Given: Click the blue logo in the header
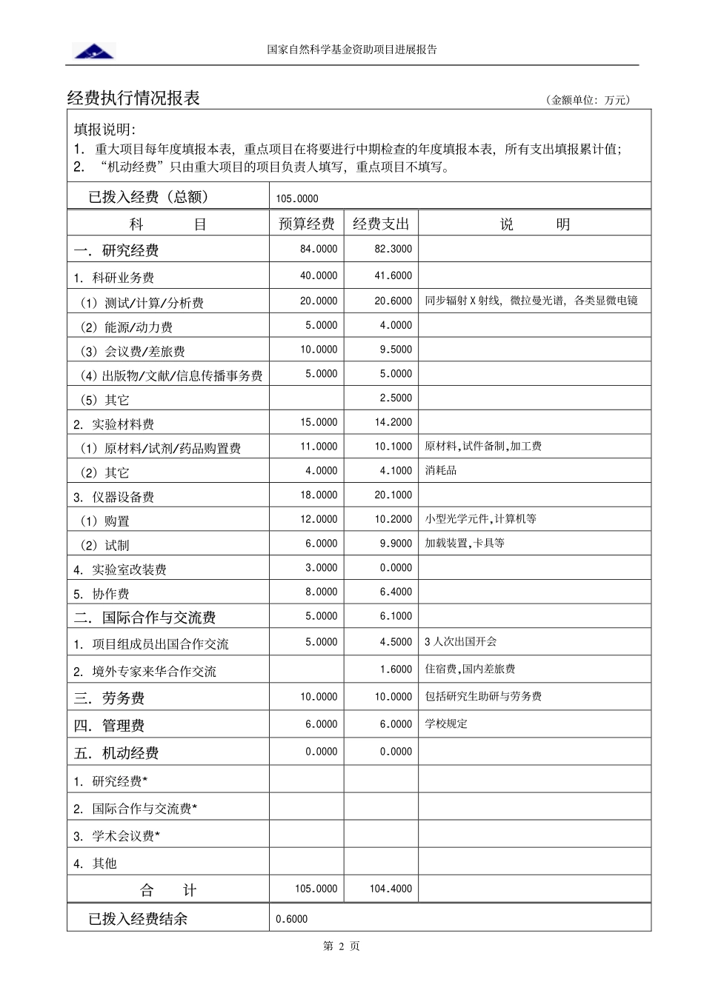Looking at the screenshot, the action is point(94,51).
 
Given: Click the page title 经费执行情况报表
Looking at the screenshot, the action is point(133,98).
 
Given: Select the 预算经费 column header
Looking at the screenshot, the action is point(306,224).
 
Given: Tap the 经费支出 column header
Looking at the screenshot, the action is point(380,224).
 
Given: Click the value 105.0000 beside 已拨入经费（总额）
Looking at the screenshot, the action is point(296,198).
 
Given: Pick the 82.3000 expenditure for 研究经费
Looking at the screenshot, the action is point(393,250).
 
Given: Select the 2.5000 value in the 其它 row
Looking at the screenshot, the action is point(396,398).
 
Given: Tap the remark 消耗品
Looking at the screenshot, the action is point(440,471).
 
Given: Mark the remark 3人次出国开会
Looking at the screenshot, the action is point(460,642).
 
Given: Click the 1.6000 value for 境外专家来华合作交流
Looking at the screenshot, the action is point(396,669).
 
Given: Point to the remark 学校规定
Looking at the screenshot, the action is point(445,724).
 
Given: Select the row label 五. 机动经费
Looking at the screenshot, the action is point(116,753).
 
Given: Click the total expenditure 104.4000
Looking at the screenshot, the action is point(391,889).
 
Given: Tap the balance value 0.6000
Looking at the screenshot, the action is point(291,919).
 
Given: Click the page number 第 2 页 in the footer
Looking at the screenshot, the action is point(342,946).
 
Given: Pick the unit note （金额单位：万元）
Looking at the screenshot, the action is point(588,101).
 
